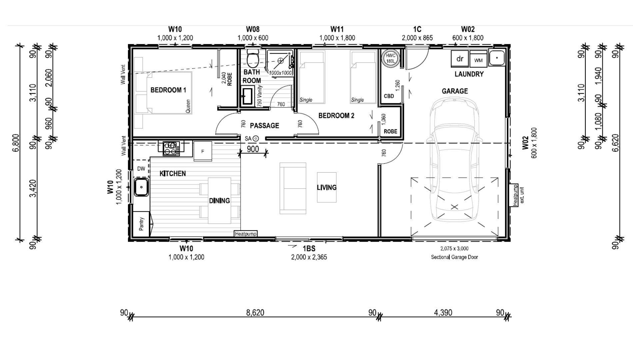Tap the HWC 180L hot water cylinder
point(390,59)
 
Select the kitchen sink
point(142,187)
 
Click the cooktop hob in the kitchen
point(171,148)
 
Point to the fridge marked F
point(203,151)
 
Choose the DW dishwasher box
point(141,169)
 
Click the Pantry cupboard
point(142,224)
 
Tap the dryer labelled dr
point(460,59)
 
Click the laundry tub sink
point(497,58)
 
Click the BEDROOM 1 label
point(168,90)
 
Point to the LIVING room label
point(326,187)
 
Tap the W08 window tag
point(253,30)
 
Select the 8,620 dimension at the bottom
point(255,312)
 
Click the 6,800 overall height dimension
point(16,143)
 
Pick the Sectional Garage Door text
point(454,257)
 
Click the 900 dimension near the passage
point(253,149)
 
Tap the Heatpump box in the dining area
point(246,234)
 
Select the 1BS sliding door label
point(309,249)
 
